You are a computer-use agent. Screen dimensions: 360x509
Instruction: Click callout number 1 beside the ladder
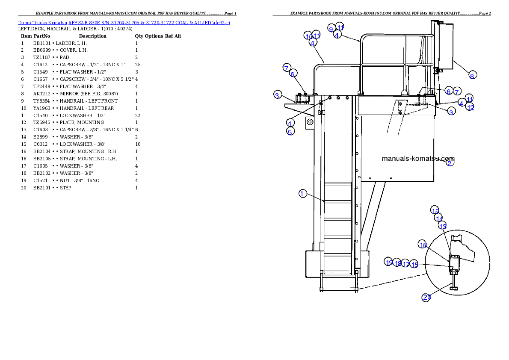pos(302,194)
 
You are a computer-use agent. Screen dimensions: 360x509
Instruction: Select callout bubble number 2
pos(450,162)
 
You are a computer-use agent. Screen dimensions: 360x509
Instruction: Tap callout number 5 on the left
pos(290,131)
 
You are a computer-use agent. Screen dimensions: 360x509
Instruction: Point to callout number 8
pos(472,76)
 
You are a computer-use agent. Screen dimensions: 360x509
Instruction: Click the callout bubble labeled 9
pos(331,28)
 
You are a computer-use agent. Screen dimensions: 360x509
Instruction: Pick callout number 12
pos(470,107)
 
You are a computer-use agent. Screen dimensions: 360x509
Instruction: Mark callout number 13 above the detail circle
pos(443,226)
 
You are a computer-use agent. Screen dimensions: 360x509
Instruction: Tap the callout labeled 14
pos(439,218)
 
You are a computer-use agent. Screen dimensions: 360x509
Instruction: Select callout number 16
pos(423,245)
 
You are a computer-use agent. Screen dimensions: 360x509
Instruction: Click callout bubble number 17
pos(405,264)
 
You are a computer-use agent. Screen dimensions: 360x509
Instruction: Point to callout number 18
pos(397,263)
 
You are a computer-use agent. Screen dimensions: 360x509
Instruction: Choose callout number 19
pos(389,262)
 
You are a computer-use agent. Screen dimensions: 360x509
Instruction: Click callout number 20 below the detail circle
pos(426,297)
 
